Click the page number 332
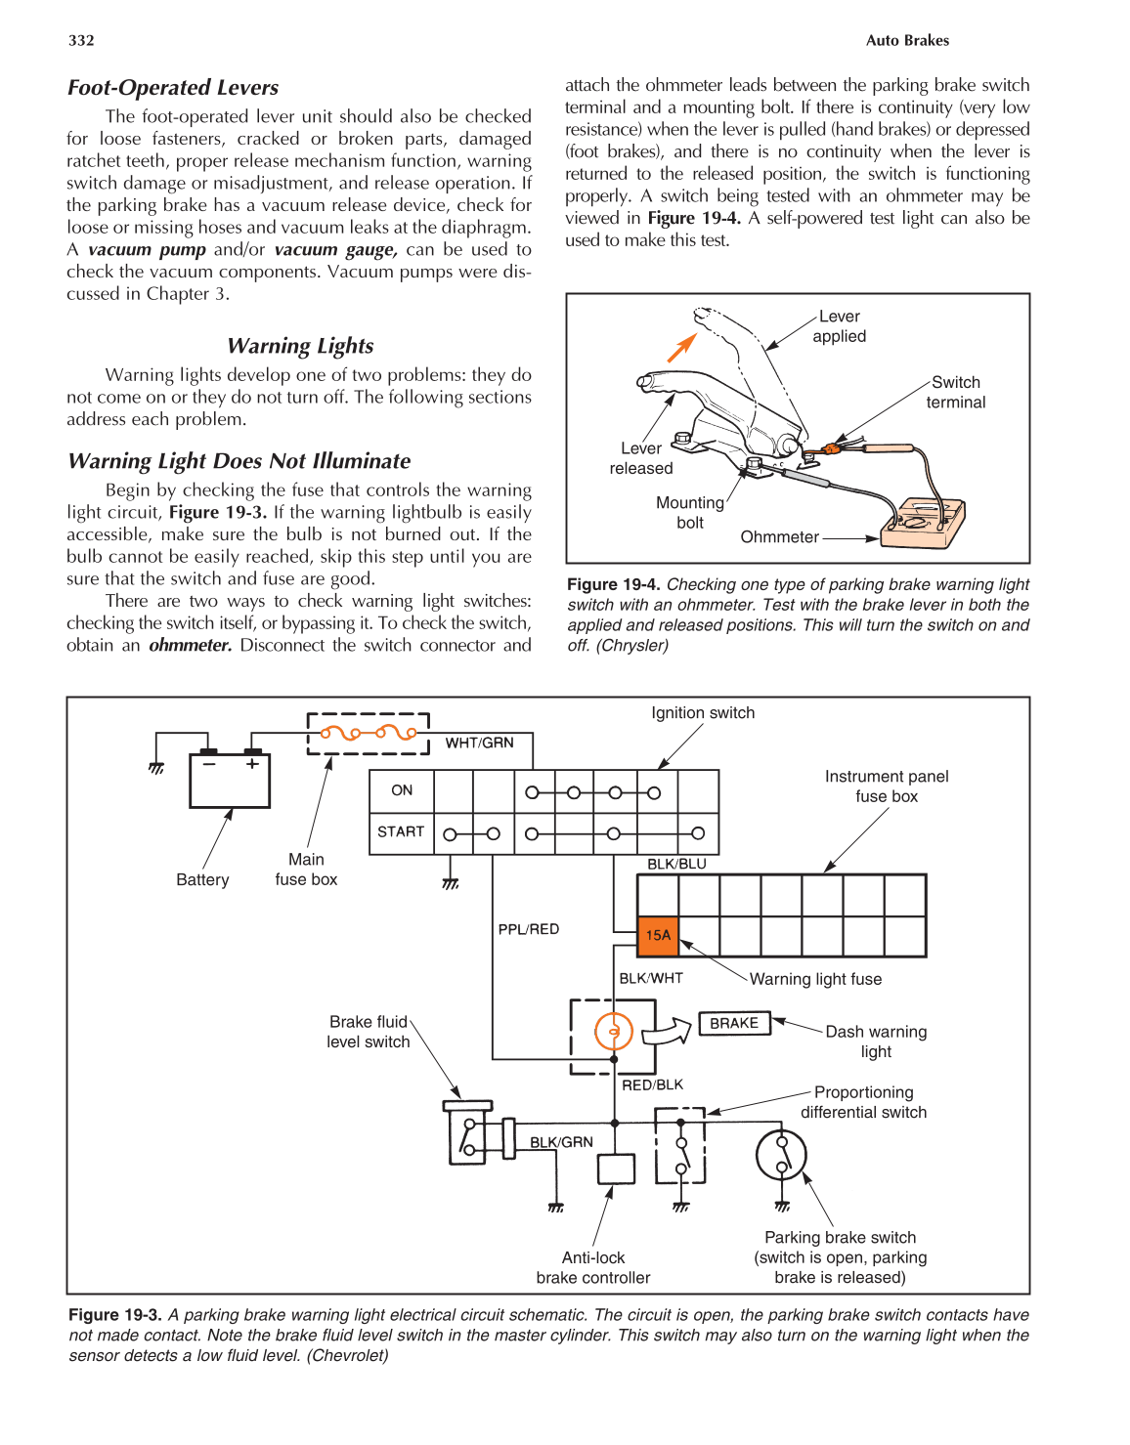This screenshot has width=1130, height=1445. point(81,40)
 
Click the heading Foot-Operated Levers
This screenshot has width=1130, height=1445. point(173,88)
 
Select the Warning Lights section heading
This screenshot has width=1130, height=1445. point(300,346)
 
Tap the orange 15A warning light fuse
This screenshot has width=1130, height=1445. point(658,935)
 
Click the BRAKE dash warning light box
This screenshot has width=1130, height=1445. point(734,1023)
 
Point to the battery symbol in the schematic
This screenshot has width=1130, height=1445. point(230,780)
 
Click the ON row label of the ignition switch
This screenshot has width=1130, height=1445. point(402,790)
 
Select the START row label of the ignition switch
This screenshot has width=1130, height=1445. point(401,831)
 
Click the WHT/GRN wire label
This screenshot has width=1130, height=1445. point(479,743)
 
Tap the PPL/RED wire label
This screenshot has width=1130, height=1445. point(529,929)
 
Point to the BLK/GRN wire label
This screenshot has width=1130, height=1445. point(561,1142)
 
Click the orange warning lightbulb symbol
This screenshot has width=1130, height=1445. point(614,1031)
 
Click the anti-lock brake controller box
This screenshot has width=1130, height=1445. point(616,1169)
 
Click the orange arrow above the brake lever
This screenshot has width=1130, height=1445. point(681,347)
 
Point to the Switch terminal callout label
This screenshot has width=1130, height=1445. point(955,392)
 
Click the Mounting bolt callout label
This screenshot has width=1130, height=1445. point(690,512)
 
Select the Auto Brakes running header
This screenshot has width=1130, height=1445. point(907,40)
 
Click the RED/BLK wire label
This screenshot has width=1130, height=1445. point(653,1084)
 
